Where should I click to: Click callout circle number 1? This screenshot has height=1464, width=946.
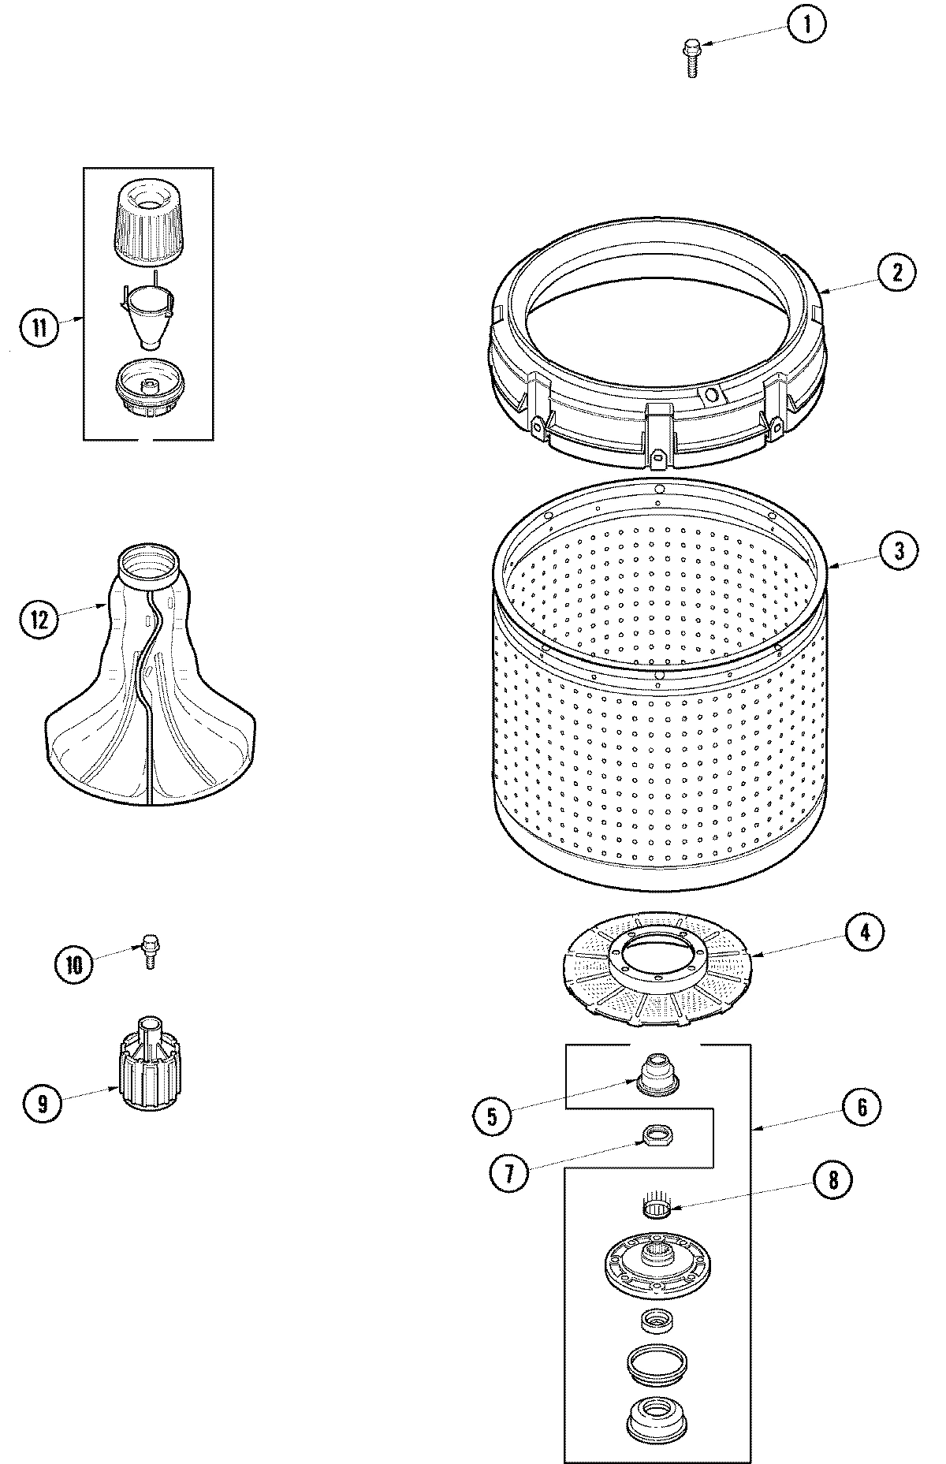[x=805, y=25]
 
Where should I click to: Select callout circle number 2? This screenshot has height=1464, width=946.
[x=897, y=273]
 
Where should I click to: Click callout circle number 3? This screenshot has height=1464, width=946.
[x=899, y=550]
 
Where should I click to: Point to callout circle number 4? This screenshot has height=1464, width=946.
[x=865, y=933]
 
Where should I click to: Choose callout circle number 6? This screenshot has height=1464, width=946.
[x=862, y=1108]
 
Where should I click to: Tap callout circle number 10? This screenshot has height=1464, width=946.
[x=74, y=965]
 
